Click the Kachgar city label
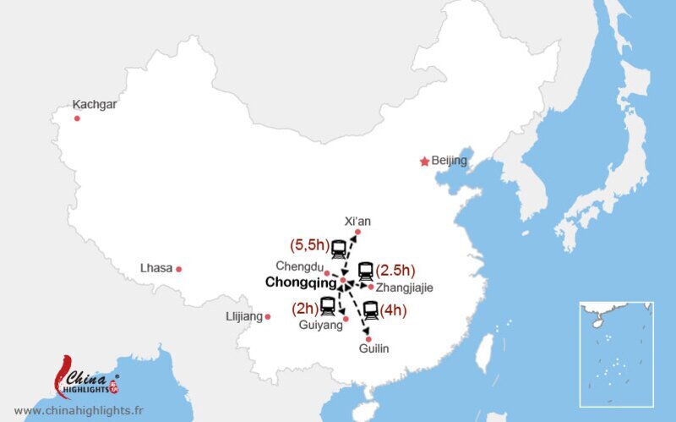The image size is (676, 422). (x=95, y=105)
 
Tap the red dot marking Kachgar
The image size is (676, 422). (x=77, y=118)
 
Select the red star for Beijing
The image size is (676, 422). (x=424, y=162)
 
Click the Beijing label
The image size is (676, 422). (x=449, y=161)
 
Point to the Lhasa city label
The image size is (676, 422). (x=156, y=269)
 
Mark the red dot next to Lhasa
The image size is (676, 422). (x=178, y=269)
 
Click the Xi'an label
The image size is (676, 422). (x=357, y=221)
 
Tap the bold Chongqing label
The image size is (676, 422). (x=301, y=284)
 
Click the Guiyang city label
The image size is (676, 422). (x=321, y=325)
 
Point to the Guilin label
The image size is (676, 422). (x=373, y=349)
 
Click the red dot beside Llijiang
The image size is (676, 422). (x=268, y=317)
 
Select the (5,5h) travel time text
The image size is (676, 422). (x=308, y=246)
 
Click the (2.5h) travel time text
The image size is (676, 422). (x=395, y=271)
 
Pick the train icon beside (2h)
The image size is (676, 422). (x=328, y=305)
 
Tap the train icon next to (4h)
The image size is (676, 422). (x=370, y=310)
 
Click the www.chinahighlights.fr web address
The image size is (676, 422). (x=79, y=410)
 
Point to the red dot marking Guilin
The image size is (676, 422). (x=368, y=338)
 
